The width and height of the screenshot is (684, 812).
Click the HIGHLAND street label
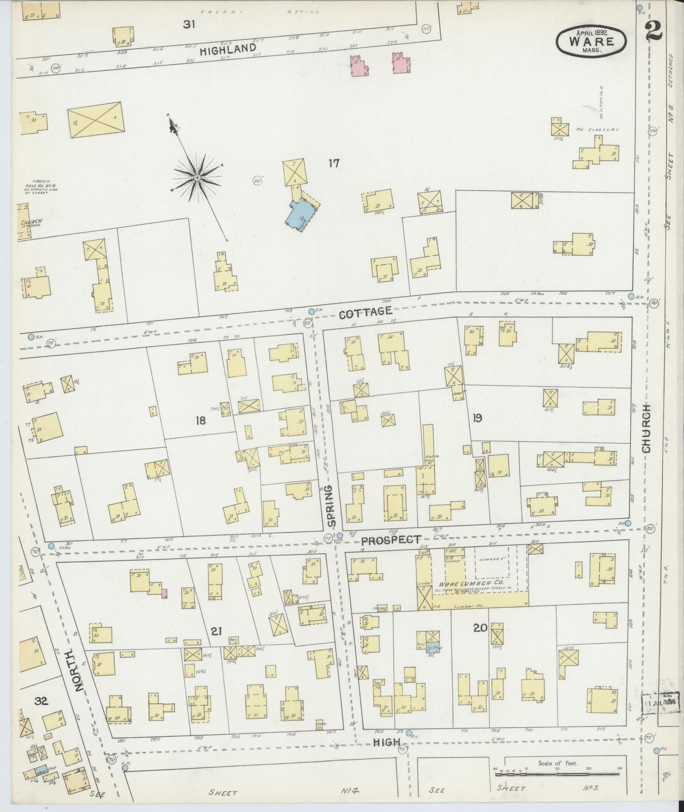pyautogui.click(x=228, y=49)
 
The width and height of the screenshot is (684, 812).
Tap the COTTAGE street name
pyautogui.click(x=366, y=311)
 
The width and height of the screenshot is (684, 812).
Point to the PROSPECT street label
pyautogui.click(x=391, y=540)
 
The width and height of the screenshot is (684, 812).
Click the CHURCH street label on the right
pyautogui.click(x=647, y=430)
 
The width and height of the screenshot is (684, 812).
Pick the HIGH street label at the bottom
pyautogui.click(x=387, y=742)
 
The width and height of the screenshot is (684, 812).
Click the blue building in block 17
pyautogui.click(x=300, y=214)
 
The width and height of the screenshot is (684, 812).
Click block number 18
pyautogui.click(x=201, y=420)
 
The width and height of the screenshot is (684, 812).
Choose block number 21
pyautogui.click(x=216, y=631)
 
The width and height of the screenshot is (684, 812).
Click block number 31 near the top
pyautogui.click(x=189, y=25)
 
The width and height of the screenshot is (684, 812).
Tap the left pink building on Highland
pyautogui.click(x=359, y=65)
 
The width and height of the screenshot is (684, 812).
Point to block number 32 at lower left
pyautogui.click(x=42, y=701)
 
